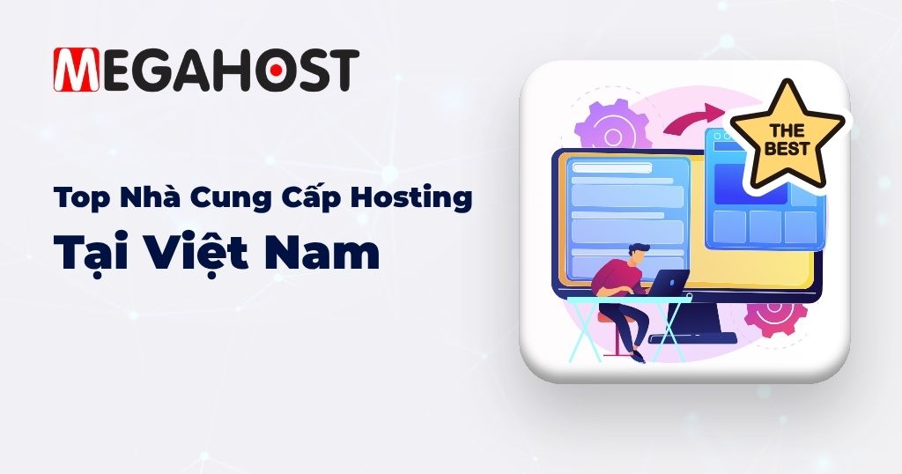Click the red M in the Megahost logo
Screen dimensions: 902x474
point(76,70)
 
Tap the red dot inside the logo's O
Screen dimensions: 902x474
point(276,70)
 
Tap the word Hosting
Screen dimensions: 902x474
point(411,198)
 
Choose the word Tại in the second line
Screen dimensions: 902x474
point(83,254)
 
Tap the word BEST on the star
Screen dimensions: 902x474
point(787,149)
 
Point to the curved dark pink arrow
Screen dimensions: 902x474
point(694,119)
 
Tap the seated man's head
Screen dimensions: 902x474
point(638,255)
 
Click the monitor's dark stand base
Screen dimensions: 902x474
point(692,337)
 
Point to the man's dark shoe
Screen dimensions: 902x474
point(637,357)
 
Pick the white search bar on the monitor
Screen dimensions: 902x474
point(612,168)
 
